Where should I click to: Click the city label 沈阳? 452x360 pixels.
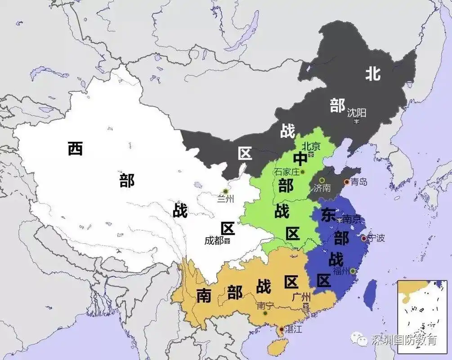tap(357, 112)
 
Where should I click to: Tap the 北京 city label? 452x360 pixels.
tap(310, 146)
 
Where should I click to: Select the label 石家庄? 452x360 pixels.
tap(286, 172)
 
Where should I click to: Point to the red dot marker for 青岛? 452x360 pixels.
tap(346, 182)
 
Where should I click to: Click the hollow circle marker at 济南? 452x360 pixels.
tap(322, 180)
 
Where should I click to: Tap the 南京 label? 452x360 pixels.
tap(352, 220)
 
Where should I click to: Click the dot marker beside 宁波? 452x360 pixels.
tap(363, 238)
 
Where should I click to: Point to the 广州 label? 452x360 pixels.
tap(301, 297)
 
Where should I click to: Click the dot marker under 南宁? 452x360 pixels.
tap(265, 313)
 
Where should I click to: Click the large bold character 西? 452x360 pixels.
tap(75, 148)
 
